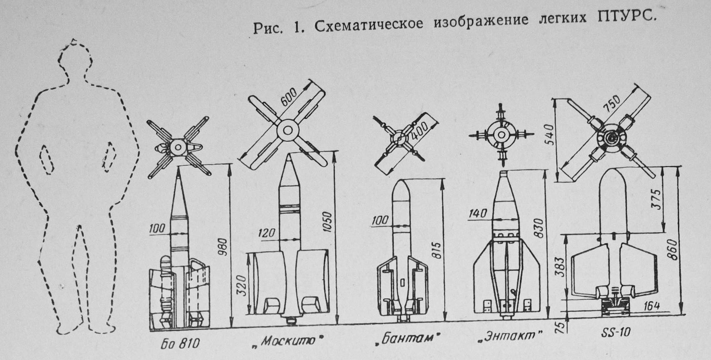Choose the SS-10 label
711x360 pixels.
(x=616, y=332)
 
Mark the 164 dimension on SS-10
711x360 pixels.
(x=651, y=306)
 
